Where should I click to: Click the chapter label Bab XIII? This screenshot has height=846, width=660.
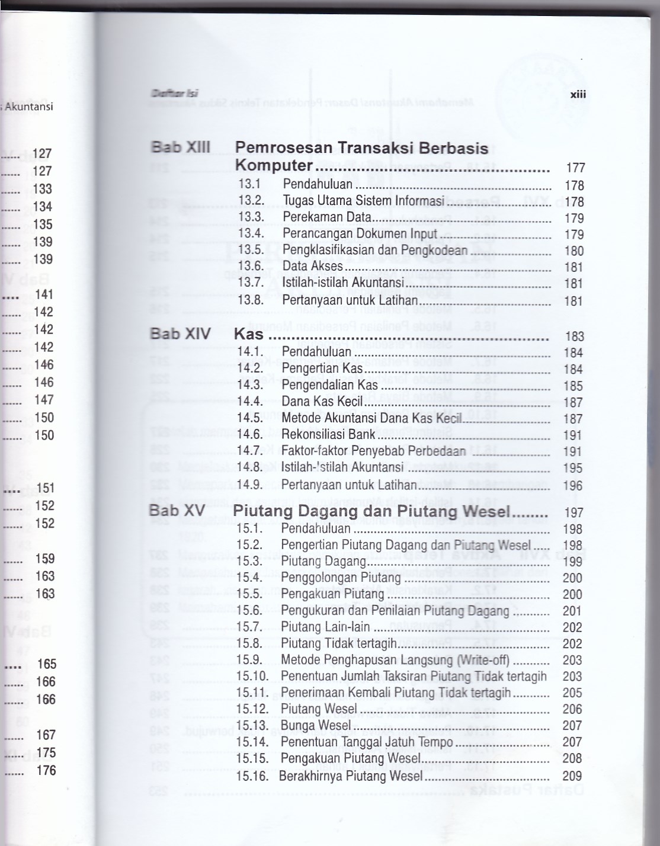tap(180, 147)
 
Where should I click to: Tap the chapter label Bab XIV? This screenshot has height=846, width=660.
tap(180, 334)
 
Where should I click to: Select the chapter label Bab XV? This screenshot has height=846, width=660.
tap(177, 511)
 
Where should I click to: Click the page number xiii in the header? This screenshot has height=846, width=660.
tap(578, 94)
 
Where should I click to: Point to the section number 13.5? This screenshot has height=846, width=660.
tap(251, 250)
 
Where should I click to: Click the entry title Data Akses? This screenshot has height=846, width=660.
tap(312, 267)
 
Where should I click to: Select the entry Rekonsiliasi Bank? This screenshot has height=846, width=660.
tap(328, 434)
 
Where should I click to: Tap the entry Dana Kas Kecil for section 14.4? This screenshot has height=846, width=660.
tap(322, 401)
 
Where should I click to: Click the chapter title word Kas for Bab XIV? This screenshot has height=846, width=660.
tap(248, 334)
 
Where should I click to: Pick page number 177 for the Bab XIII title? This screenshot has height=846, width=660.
tap(575, 168)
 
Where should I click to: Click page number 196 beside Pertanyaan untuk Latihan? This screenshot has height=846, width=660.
tap(573, 485)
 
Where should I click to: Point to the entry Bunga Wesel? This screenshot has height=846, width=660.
tap(316, 725)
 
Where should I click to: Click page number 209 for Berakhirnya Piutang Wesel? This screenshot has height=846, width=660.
tap(572, 775)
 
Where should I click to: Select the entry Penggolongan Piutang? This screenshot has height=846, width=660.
tap(341, 578)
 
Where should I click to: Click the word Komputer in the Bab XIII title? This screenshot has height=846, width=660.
tap(274, 165)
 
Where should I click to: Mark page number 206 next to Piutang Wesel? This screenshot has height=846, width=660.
tap(572, 709)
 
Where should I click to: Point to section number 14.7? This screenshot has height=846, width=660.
tap(250, 451)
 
